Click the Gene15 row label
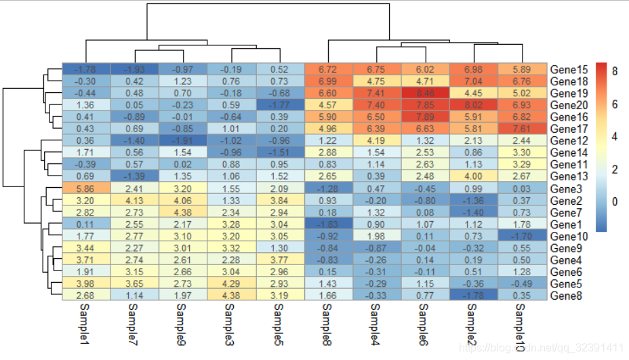point(569,69)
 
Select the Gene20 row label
point(569,105)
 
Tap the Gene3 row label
point(566,188)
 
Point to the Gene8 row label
point(566,295)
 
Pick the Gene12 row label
point(569,140)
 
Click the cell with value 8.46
point(425,93)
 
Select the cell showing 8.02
point(474,105)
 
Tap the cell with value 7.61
point(522,129)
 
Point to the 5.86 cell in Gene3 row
point(85,188)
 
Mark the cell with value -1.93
point(134,69)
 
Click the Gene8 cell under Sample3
point(231,295)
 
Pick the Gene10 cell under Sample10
point(522,235)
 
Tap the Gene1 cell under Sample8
point(329,224)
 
